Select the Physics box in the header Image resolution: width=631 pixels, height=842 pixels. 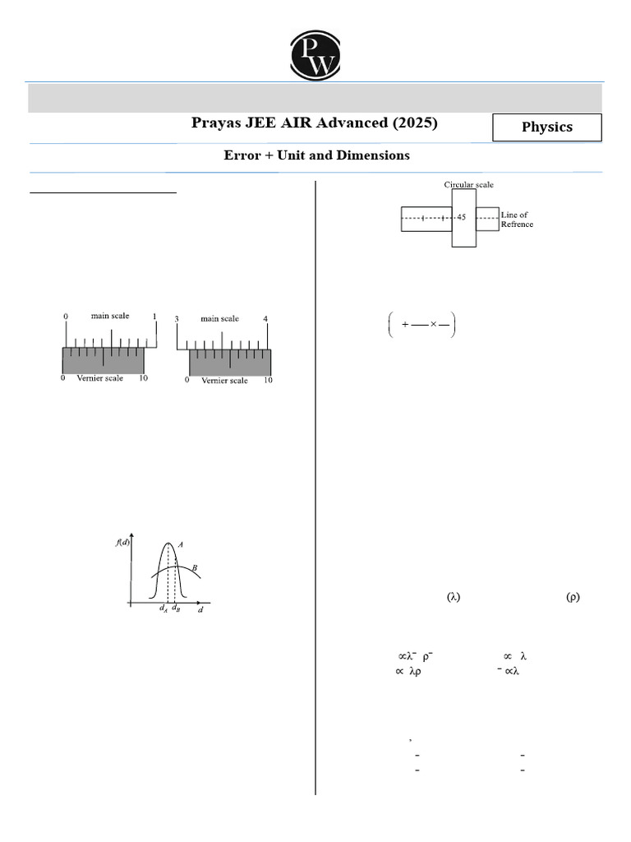click(547, 127)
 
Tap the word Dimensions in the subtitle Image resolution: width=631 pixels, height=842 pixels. click(374, 155)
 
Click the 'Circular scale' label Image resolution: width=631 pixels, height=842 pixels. click(468, 185)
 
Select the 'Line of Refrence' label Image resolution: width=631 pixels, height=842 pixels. click(517, 220)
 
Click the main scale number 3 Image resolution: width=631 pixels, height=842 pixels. click(176, 319)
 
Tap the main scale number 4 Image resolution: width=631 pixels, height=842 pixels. click(265, 319)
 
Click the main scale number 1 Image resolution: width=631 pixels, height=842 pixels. click(154, 317)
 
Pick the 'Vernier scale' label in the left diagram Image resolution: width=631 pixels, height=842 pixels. click(100, 378)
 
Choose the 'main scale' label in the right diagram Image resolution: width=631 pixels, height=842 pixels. click(219, 318)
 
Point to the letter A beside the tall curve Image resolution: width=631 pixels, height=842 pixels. click(180, 544)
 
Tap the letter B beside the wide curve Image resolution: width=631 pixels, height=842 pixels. click(194, 567)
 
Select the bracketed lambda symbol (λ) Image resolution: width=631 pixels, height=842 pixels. click(454, 598)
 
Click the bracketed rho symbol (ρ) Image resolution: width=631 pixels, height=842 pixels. click(573, 598)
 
